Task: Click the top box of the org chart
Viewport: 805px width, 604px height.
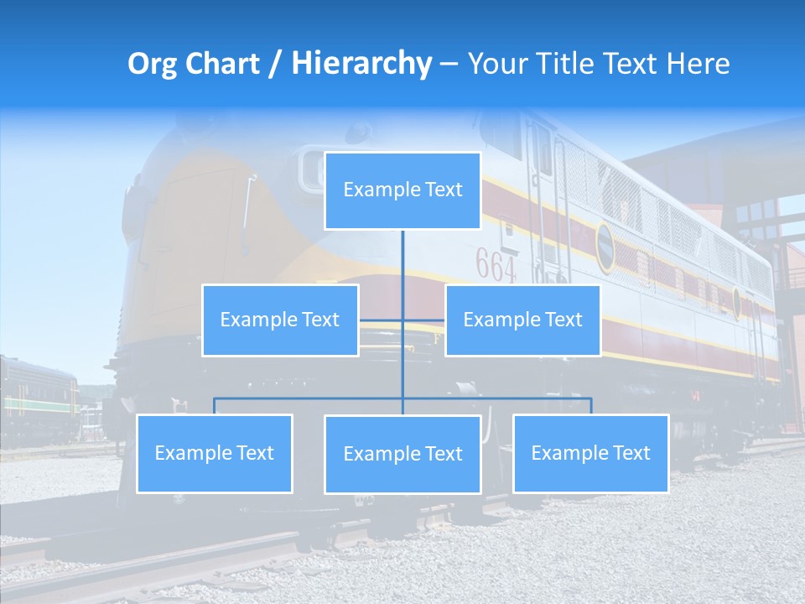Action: (x=402, y=190)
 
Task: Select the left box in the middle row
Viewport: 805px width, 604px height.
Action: (x=280, y=320)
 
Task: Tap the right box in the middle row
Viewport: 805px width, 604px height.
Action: (x=522, y=320)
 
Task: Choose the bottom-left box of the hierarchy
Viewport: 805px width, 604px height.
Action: (x=214, y=453)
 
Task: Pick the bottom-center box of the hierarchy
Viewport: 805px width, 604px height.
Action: (x=402, y=454)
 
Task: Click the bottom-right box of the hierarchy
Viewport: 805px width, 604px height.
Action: (x=590, y=453)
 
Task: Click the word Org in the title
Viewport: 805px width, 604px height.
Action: (x=152, y=64)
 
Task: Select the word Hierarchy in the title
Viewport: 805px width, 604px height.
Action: (x=361, y=64)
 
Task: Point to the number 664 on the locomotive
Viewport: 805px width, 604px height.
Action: (x=496, y=265)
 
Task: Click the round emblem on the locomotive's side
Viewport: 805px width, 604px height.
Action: (x=605, y=247)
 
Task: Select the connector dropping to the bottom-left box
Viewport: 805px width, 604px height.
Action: (x=214, y=405)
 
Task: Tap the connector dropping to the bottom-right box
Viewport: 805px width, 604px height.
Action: (x=590, y=405)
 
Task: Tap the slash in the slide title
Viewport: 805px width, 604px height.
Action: (x=274, y=65)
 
